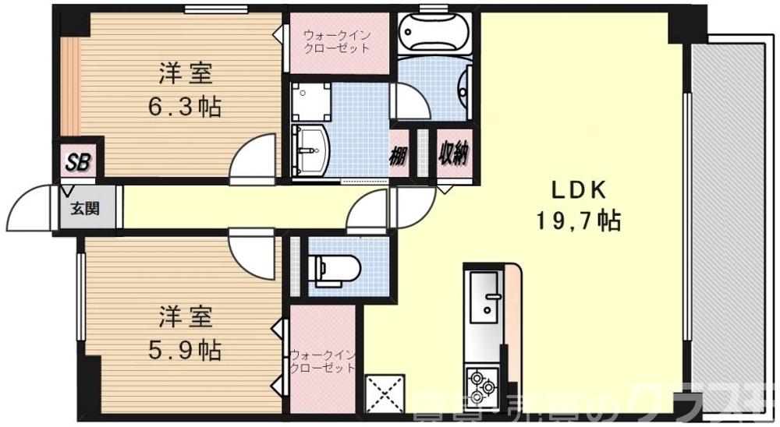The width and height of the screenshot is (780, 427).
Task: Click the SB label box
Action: [x=76, y=162]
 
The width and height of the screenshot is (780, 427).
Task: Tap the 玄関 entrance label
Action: [x=85, y=208]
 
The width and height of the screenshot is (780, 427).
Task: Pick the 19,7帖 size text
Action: [x=578, y=222]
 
